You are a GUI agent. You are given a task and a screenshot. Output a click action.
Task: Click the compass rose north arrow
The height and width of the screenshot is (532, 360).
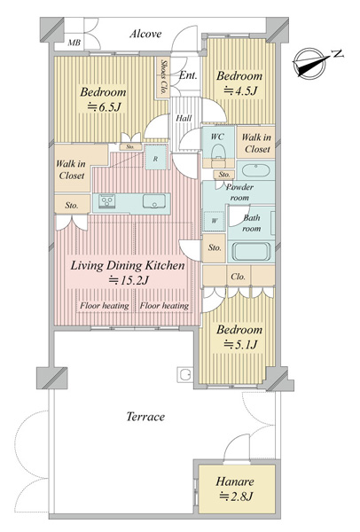pyautogui.click(x=310, y=64)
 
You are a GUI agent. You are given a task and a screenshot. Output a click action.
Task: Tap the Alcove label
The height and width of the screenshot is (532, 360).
pyautogui.click(x=145, y=34)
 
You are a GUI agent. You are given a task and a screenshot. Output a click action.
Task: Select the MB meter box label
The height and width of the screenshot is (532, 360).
pyautogui.click(x=74, y=43)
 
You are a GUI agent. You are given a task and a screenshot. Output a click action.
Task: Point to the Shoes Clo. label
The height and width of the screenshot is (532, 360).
pyautogui.click(x=163, y=77)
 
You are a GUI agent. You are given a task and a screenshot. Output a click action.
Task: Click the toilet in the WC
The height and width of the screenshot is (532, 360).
pyautogui.click(x=218, y=152)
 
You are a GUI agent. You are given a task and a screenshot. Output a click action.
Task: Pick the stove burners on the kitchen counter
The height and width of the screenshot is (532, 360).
pyautogui.click(x=107, y=201)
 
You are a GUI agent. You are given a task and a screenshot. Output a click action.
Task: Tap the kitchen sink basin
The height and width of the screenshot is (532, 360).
pyautogui.click(x=154, y=201)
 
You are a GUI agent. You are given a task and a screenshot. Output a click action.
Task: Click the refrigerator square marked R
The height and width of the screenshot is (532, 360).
pyautogui.click(x=155, y=159)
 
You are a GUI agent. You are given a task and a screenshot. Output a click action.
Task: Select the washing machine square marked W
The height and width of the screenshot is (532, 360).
pyautogui.click(x=214, y=221)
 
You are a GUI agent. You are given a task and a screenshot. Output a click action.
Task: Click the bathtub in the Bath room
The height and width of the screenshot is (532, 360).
pyautogui.click(x=251, y=252)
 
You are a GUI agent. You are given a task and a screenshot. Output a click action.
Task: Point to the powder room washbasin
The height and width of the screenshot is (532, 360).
pyautogui.click(x=255, y=170)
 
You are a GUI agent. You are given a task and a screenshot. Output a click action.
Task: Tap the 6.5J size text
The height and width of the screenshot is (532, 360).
pyautogui.click(x=104, y=107)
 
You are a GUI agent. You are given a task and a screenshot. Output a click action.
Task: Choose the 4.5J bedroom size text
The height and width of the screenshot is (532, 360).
pyautogui.click(x=240, y=90)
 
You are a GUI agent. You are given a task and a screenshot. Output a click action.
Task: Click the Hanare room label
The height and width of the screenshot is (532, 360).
pyautogui.click(x=235, y=481)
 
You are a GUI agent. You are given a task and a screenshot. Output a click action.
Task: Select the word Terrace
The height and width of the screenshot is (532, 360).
pyautogui.click(x=145, y=417)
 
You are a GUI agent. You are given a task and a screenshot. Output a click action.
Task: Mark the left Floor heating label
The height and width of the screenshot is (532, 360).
pyautogui.click(x=105, y=306)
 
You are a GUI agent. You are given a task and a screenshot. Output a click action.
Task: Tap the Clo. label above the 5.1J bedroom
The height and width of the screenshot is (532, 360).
pyautogui.click(x=238, y=277)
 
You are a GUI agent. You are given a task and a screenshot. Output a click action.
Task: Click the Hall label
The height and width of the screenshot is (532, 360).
pyautogui.click(x=184, y=118)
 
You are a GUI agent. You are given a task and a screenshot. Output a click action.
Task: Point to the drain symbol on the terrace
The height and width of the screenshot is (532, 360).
pyautogui.click(x=184, y=375)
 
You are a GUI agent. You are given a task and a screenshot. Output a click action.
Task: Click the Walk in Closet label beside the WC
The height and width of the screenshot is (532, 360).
pyautogui.click(x=256, y=143)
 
